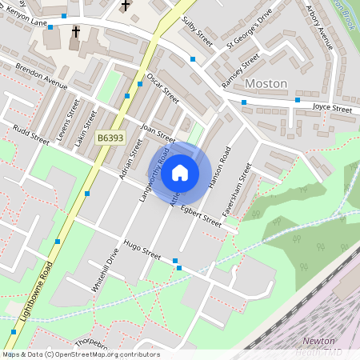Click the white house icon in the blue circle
click(180, 172)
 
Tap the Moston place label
click(265, 83)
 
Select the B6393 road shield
click(110, 138)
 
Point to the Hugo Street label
click(141, 250)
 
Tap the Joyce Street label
click(332, 108)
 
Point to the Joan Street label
click(157, 132)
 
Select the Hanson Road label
click(219, 167)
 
